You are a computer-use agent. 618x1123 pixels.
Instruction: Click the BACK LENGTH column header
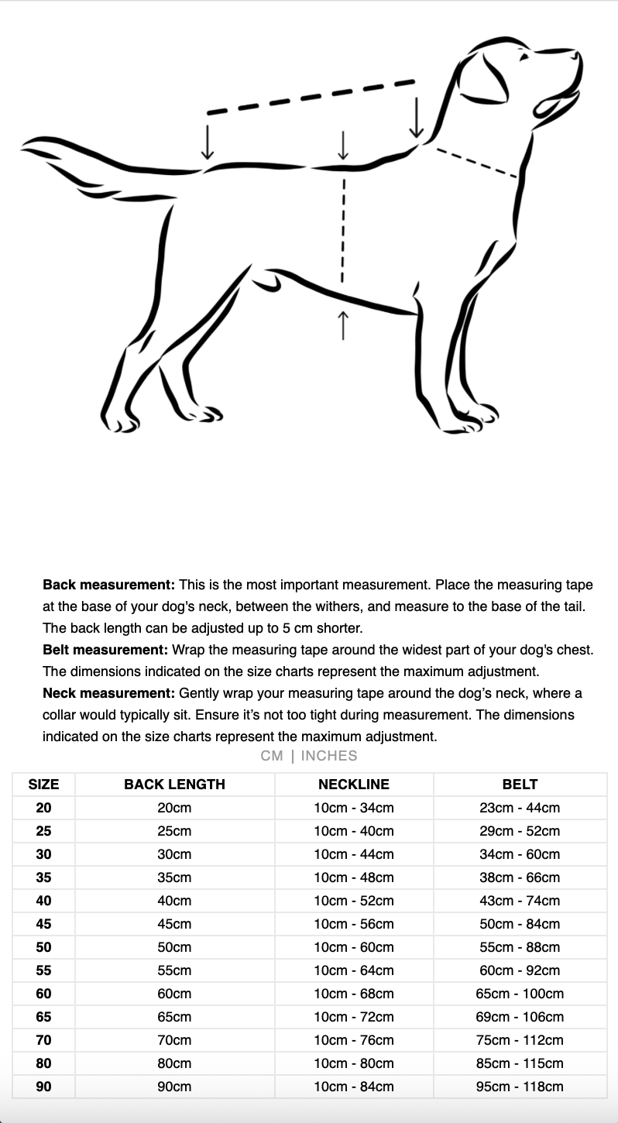[174, 784]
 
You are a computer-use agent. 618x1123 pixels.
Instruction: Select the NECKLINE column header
[354, 784]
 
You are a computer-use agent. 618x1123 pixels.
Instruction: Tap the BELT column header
[520, 784]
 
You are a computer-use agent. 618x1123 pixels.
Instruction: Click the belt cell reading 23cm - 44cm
[520, 808]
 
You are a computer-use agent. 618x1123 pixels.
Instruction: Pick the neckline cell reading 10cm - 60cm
[354, 947]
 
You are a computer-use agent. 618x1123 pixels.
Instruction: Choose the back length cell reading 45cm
[174, 924]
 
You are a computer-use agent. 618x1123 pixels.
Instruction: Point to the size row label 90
[43, 1087]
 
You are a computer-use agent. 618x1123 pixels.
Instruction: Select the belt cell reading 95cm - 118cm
[520, 1087]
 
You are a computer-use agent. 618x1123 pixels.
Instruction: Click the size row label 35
[43, 877]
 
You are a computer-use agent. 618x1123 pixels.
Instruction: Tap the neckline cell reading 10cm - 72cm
[354, 1017]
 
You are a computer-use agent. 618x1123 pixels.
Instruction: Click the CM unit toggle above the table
[272, 756]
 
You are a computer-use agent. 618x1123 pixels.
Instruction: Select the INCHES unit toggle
[329, 756]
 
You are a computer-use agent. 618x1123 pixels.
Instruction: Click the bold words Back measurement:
[109, 585]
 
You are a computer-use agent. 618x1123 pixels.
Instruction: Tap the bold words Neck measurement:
[109, 693]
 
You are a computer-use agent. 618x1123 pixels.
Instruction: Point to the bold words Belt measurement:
[105, 650]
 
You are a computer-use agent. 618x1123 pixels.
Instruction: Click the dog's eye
[524, 57]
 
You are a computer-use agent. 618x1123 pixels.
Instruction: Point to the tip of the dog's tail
[25, 144]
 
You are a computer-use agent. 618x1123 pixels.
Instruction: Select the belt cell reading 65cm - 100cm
[520, 994]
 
